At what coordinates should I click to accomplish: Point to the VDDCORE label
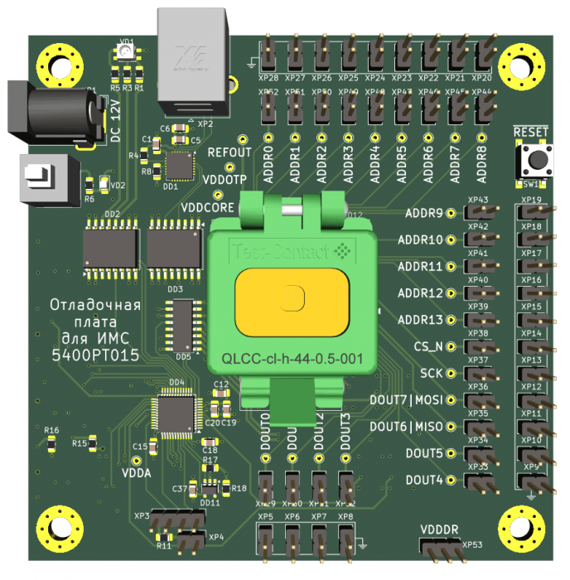[x=208, y=206]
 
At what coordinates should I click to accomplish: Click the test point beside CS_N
[x=452, y=346]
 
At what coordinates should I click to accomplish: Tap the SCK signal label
[x=431, y=374]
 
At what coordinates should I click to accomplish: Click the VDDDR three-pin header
[x=440, y=550]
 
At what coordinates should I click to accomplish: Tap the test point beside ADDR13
[x=452, y=320]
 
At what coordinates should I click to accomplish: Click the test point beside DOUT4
[x=452, y=480]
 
